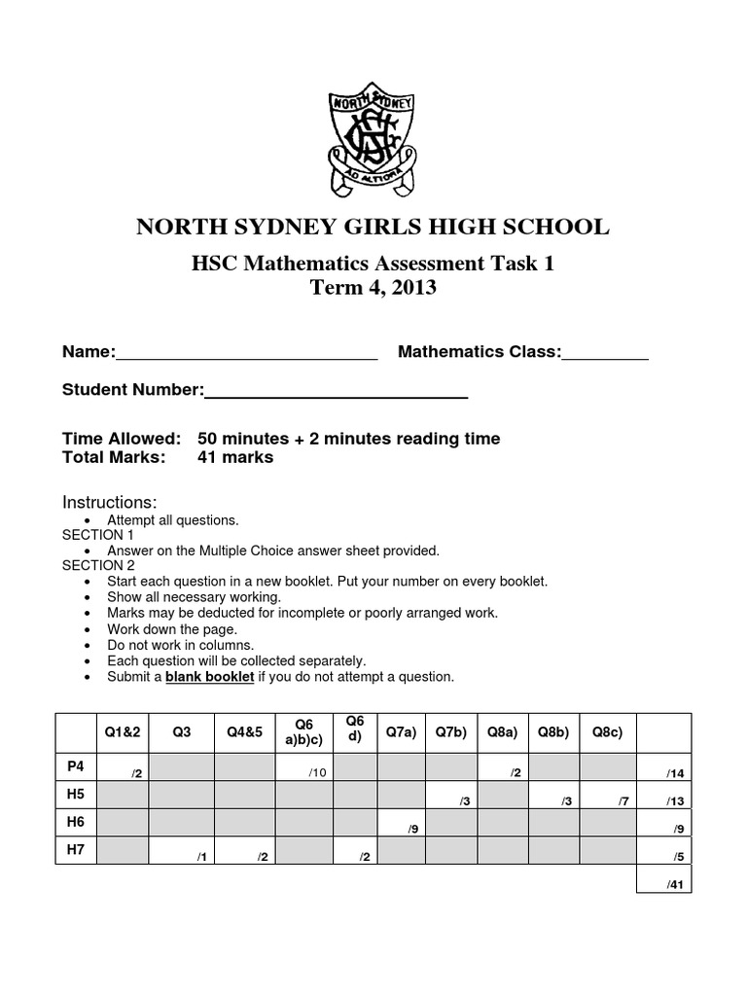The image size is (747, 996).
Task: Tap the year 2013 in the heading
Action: [412, 288]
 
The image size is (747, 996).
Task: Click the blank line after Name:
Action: [247, 353]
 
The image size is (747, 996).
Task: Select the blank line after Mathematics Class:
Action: [605, 353]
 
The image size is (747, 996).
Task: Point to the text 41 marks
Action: [235, 457]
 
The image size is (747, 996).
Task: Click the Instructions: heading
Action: [110, 502]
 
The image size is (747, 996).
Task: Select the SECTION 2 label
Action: [99, 565]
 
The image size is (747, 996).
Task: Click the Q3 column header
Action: [181, 731]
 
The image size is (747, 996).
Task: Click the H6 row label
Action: [77, 822]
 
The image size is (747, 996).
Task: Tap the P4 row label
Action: [77, 765]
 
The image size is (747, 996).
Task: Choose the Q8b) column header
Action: [552, 731]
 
